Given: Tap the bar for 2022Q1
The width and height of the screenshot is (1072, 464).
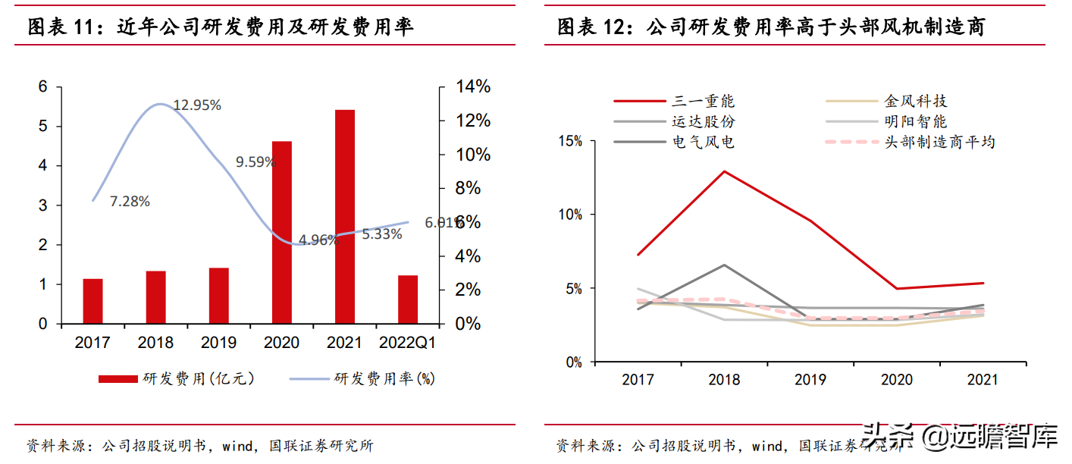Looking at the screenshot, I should [408, 299].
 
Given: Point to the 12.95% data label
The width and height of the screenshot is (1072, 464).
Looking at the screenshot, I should [197, 105].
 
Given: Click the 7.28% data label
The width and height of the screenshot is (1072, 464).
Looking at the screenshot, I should [130, 202].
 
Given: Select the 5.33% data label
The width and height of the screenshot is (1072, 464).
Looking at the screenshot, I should [382, 234].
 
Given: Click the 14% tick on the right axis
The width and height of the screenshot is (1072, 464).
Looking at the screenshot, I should [472, 87].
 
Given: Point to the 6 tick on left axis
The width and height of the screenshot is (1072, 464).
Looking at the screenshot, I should [42, 87].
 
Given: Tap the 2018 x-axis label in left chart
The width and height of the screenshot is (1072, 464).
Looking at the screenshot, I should [155, 343].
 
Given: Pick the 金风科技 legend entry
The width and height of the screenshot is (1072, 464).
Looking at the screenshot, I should [915, 101].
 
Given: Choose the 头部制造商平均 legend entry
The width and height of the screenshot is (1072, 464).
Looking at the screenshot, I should [939, 142].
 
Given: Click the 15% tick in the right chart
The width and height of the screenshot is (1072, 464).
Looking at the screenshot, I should [570, 141].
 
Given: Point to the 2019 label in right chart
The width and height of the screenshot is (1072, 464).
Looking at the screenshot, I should [810, 379].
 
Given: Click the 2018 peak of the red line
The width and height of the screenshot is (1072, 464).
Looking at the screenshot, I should [724, 171].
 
